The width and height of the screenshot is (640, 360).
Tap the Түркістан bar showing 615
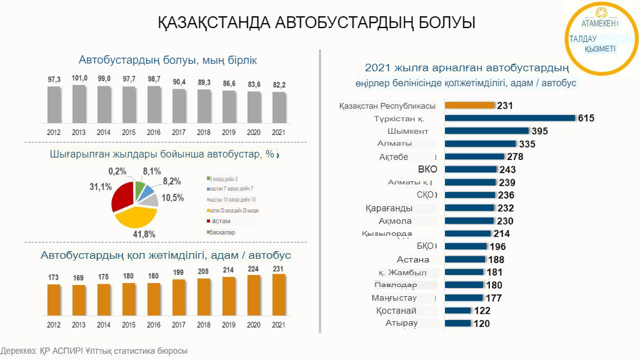[x=510, y=118]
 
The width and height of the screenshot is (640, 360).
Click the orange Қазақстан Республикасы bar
[x=469, y=106]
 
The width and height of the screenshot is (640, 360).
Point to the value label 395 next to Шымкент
[x=539, y=131]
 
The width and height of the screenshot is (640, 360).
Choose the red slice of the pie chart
[x=123, y=198]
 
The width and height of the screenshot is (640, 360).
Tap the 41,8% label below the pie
[x=145, y=234]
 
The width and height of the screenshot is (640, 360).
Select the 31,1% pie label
[x=101, y=186]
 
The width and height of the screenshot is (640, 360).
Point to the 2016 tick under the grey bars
[x=154, y=132]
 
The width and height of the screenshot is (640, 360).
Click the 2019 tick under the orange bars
[x=229, y=325]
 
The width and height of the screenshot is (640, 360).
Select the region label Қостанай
[x=397, y=311]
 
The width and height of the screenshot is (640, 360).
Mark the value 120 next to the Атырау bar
[x=482, y=324]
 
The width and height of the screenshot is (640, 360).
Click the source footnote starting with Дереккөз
[x=94, y=351]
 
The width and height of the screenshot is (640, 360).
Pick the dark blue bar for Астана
[x=465, y=259]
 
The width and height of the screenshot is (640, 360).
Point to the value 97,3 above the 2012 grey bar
[x=54, y=79]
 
